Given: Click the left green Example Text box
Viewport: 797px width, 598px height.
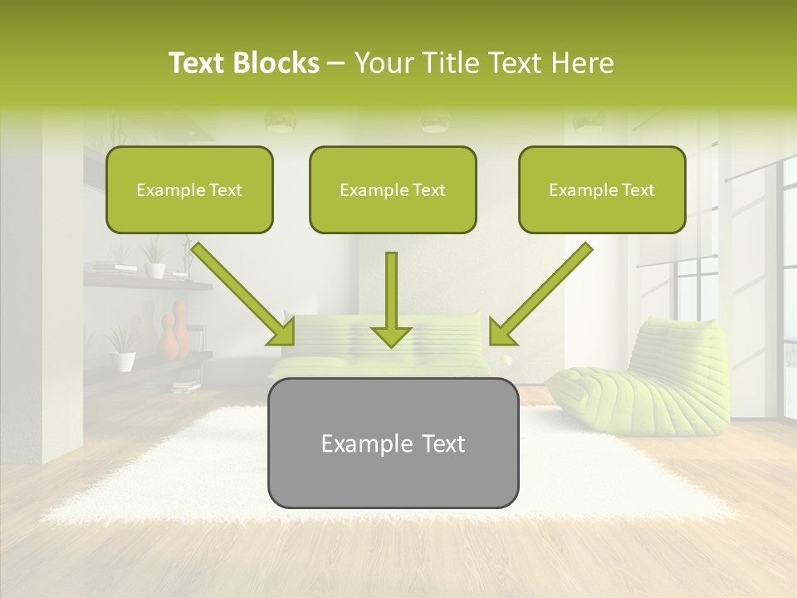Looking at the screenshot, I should [189, 190].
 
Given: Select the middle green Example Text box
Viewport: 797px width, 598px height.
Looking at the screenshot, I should [393, 190].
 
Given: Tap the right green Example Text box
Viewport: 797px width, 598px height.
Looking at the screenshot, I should [602, 190].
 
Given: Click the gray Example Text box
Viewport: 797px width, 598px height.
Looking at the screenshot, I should [393, 444].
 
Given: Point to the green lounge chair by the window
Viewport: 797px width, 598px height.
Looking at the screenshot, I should [643, 378].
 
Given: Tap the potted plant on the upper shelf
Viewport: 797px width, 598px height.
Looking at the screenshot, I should [154, 259].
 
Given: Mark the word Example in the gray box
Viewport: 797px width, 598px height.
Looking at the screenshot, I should [361, 444].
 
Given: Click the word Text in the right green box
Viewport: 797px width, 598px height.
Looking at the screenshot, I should [638, 190].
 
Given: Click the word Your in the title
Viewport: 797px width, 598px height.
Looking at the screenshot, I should [379, 63].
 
